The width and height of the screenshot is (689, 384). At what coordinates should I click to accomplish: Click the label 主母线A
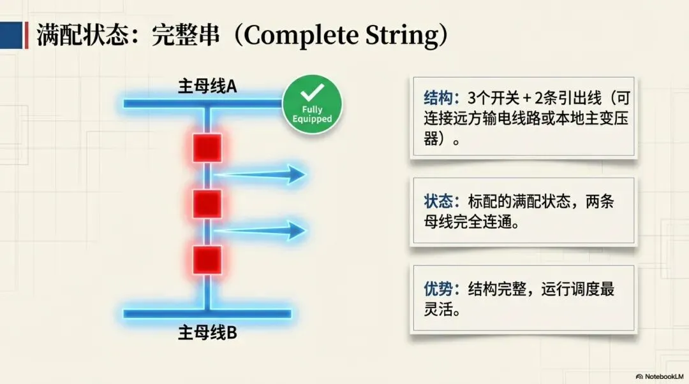(x=207, y=87)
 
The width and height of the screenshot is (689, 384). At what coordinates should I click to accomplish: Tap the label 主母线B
(x=207, y=332)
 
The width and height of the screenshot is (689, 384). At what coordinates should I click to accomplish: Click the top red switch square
(x=207, y=147)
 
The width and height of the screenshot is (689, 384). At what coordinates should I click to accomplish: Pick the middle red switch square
(x=207, y=204)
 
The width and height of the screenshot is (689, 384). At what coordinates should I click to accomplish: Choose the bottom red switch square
(x=207, y=260)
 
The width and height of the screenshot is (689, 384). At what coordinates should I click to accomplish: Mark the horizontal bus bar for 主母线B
(x=207, y=313)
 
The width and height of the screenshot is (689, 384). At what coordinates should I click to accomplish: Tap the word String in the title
(x=396, y=36)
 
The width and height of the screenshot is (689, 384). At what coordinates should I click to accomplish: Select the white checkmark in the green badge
(x=312, y=93)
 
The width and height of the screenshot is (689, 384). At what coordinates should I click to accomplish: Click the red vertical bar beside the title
(x=26, y=35)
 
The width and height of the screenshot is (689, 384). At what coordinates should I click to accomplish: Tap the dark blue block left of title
(x=11, y=35)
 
